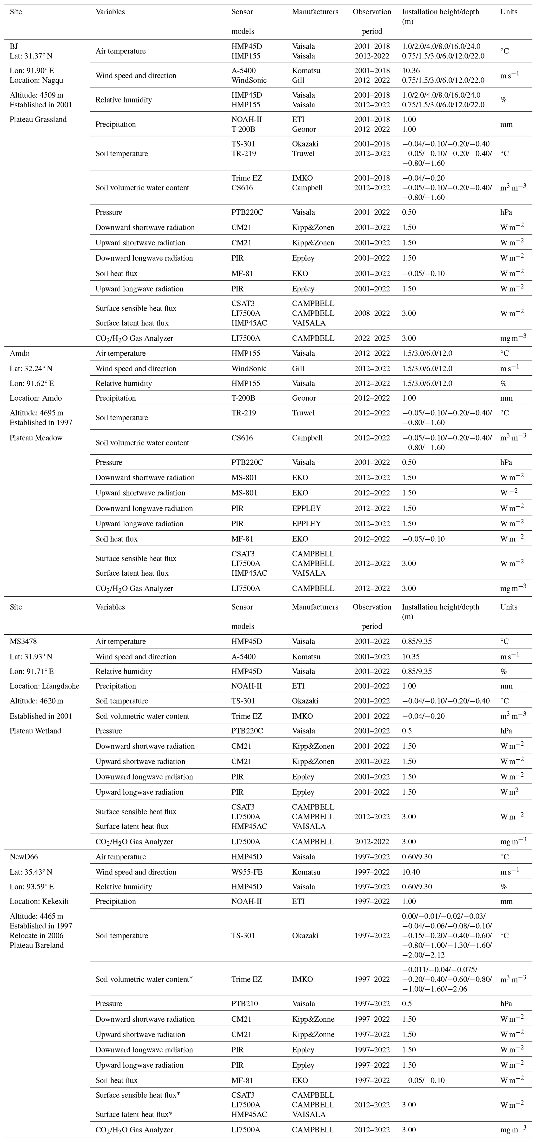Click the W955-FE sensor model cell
click(247, 872)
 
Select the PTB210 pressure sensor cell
click(244, 1004)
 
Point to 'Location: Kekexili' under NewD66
click(39, 901)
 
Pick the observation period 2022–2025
click(372, 338)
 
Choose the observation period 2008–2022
click(372, 313)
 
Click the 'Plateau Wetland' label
click(36, 731)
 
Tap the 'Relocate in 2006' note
click(36, 936)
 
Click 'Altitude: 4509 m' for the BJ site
click(36, 95)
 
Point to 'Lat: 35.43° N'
click(31, 872)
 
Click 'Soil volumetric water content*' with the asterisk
click(144, 979)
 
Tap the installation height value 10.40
click(411, 872)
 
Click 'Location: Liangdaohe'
click(44, 686)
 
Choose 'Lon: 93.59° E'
click(32, 887)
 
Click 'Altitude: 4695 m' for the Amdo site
click(36, 413)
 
